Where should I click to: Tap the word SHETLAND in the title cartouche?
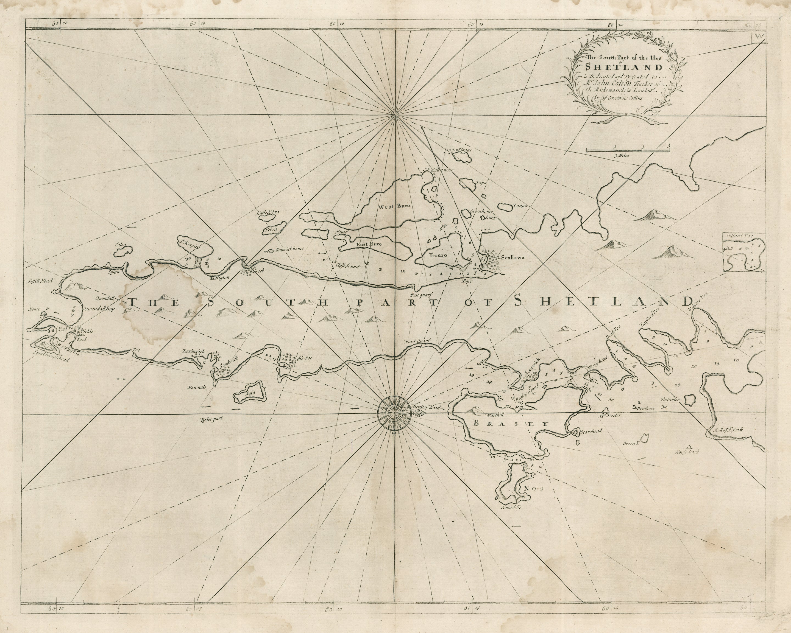pos(624,68)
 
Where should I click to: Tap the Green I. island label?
pos(631,444)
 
